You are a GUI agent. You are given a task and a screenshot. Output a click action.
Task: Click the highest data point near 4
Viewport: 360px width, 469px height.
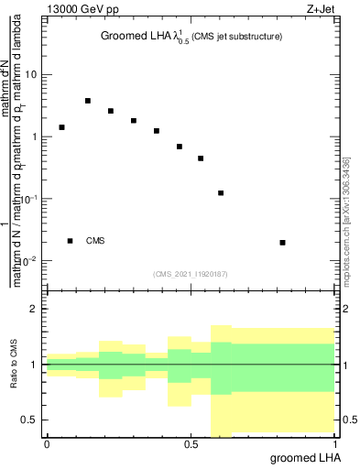coord(88,101)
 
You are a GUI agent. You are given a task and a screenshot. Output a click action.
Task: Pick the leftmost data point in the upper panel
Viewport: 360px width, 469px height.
coord(61,127)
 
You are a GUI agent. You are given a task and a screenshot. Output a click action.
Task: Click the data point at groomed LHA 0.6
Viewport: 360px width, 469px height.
coord(221,193)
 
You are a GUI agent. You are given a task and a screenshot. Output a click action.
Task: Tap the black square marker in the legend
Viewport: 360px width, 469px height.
coord(70,241)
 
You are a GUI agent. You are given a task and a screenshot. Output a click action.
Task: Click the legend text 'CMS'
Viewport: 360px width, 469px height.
coord(95,241)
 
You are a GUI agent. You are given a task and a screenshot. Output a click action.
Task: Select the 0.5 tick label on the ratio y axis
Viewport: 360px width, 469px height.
coord(30,420)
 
